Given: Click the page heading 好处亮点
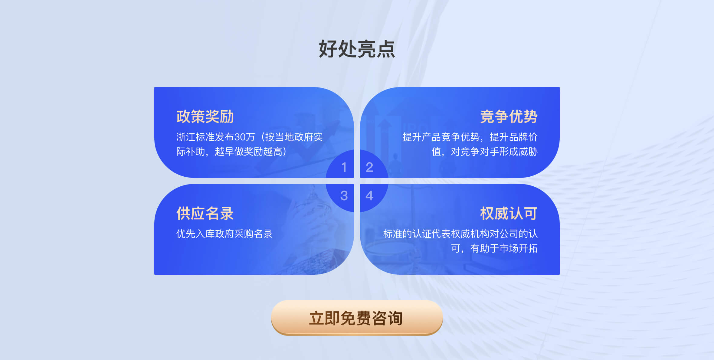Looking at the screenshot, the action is pyautogui.click(x=357, y=49).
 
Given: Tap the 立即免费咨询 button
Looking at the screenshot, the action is pyautogui.click(x=357, y=318).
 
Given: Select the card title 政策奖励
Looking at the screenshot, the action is pyautogui.click(x=205, y=116).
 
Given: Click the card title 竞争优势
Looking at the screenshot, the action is pyautogui.click(x=509, y=116).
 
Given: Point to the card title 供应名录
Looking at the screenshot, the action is pyautogui.click(x=205, y=213).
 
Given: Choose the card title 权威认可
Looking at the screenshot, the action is pyautogui.click(x=509, y=213).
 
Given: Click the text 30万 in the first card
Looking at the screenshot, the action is pyautogui.click(x=245, y=137).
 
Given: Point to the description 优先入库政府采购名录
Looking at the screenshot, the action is pyautogui.click(x=224, y=234).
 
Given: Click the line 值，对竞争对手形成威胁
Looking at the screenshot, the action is pyautogui.click(x=485, y=152).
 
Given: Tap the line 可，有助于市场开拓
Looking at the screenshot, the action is pyautogui.click(x=494, y=248).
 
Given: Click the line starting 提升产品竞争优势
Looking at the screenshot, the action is pyautogui.click(x=470, y=137).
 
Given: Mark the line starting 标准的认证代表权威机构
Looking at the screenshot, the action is pyautogui.click(x=460, y=234).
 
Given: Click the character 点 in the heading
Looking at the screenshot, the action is pyautogui.click(x=386, y=49).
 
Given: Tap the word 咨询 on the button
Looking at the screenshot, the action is pyautogui.click(x=387, y=318).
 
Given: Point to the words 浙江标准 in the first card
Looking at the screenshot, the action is pyautogui.click(x=195, y=137).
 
